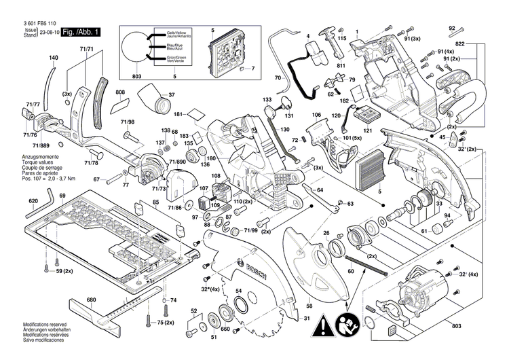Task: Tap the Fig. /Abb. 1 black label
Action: (81, 32)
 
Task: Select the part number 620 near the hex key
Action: (33, 201)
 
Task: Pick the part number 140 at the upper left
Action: (54, 58)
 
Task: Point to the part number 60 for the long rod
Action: (351, 271)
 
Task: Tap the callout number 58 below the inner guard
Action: (309, 306)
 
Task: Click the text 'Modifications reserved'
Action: (43, 325)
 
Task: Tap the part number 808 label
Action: (119, 92)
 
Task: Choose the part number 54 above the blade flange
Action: (239, 291)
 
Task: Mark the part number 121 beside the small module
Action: (368, 130)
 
